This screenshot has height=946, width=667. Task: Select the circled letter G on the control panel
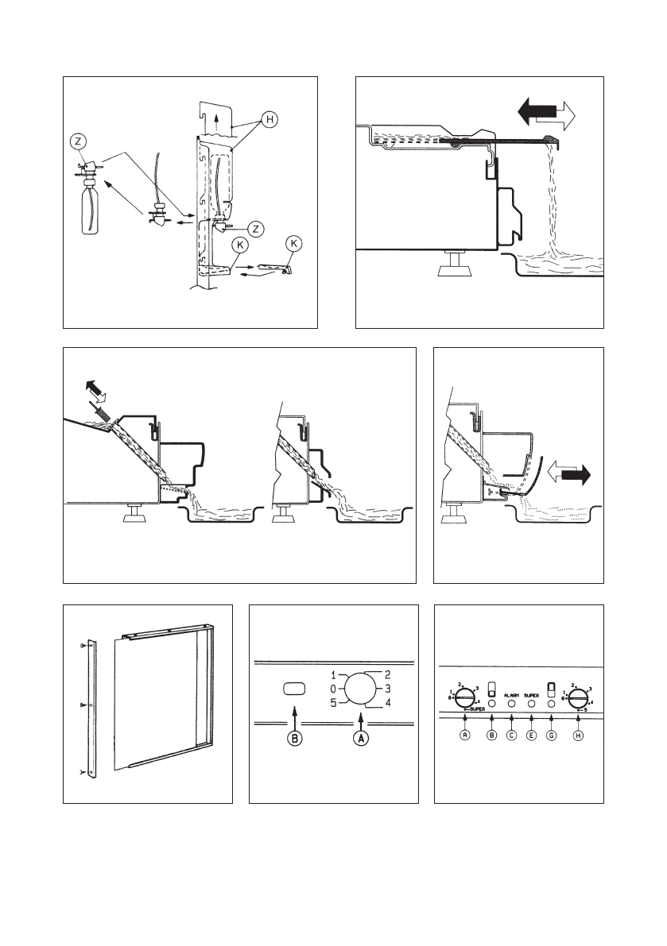[x=552, y=736]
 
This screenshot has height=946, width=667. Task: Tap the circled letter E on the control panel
[x=532, y=736]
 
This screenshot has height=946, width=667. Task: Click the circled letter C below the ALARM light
[x=511, y=736]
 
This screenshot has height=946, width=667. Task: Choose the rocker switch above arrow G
[x=551, y=688]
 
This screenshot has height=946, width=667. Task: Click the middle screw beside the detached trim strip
[x=83, y=704]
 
